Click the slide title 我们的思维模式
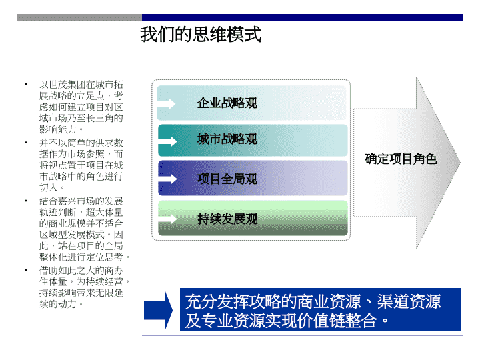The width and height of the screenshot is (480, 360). pyautogui.click(x=201, y=34)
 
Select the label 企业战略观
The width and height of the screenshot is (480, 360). pyautogui.click(x=227, y=103)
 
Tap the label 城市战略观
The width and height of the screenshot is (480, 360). pyautogui.click(x=227, y=139)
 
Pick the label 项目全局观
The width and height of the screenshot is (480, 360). pyautogui.click(x=227, y=179)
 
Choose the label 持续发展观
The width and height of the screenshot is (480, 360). pyautogui.click(x=227, y=219)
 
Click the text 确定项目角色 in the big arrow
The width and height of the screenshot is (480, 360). pyautogui.click(x=401, y=159)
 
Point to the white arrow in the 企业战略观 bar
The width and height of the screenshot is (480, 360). pyautogui.click(x=166, y=104)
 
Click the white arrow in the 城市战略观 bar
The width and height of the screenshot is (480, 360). pyautogui.click(x=167, y=141)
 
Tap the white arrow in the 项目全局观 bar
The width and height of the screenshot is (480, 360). pyautogui.click(x=167, y=179)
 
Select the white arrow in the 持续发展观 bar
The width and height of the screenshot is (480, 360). pyautogui.click(x=167, y=219)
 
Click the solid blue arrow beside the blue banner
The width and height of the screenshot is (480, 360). pyautogui.click(x=158, y=310)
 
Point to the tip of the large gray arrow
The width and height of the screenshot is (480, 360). pyautogui.click(x=460, y=162)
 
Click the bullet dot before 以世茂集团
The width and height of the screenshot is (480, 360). pyautogui.click(x=26, y=85)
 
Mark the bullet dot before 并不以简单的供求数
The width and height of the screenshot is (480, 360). pyautogui.click(x=26, y=143)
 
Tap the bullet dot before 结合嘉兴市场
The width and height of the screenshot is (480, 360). pyautogui.click(x=26, y=201)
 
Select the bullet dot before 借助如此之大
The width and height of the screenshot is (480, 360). pyautogui.click(x=26, y=270)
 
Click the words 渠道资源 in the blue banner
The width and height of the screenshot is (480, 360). pyautogui.click(x=409, y=301)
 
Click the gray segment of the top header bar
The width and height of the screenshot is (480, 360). pyautogui.click(x=79, y=17)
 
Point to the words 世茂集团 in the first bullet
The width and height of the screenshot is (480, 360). pyautogui.click(x=67, y=85)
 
